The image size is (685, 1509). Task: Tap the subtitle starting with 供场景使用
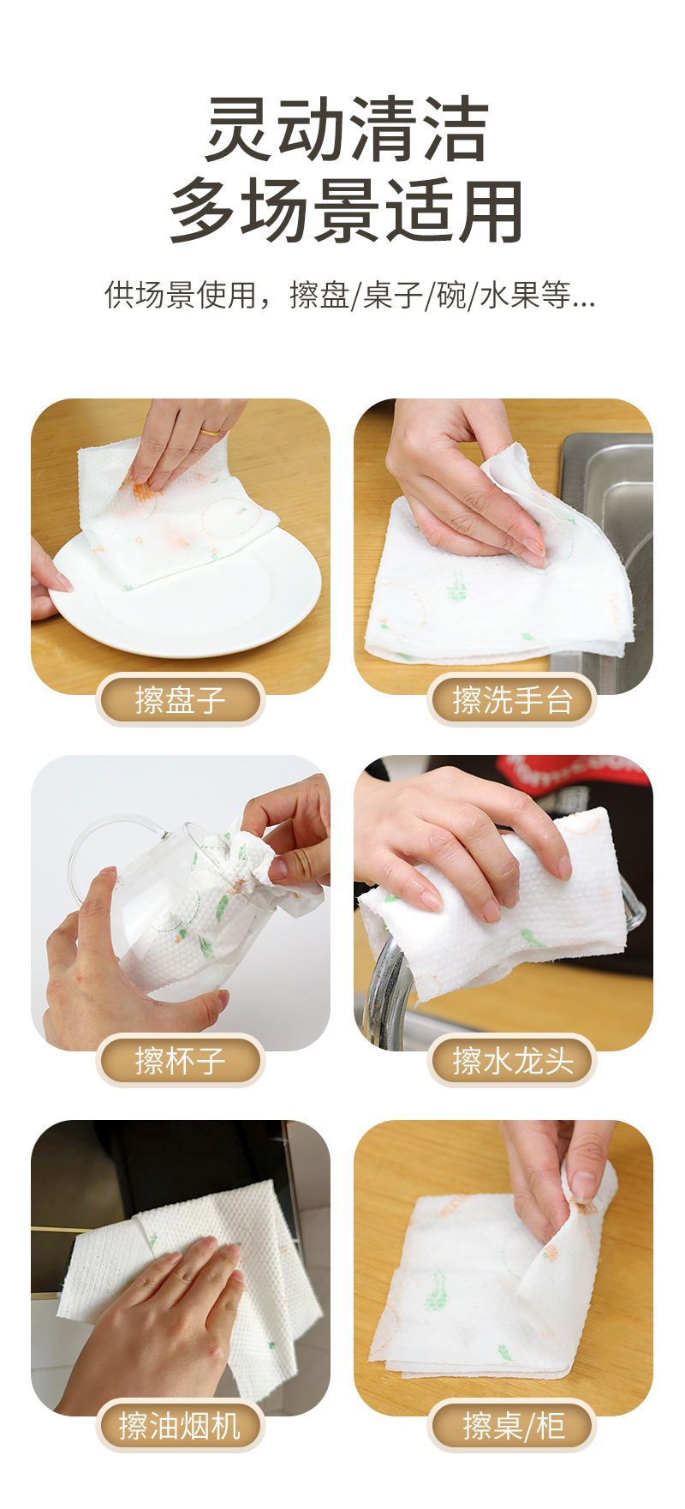coord(349,296)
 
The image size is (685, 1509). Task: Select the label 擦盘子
coord(180,699)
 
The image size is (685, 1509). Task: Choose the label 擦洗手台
coord(511,699)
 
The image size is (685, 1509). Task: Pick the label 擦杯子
coord(180,1061)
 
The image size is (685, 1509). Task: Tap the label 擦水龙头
coord(511,1061)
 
